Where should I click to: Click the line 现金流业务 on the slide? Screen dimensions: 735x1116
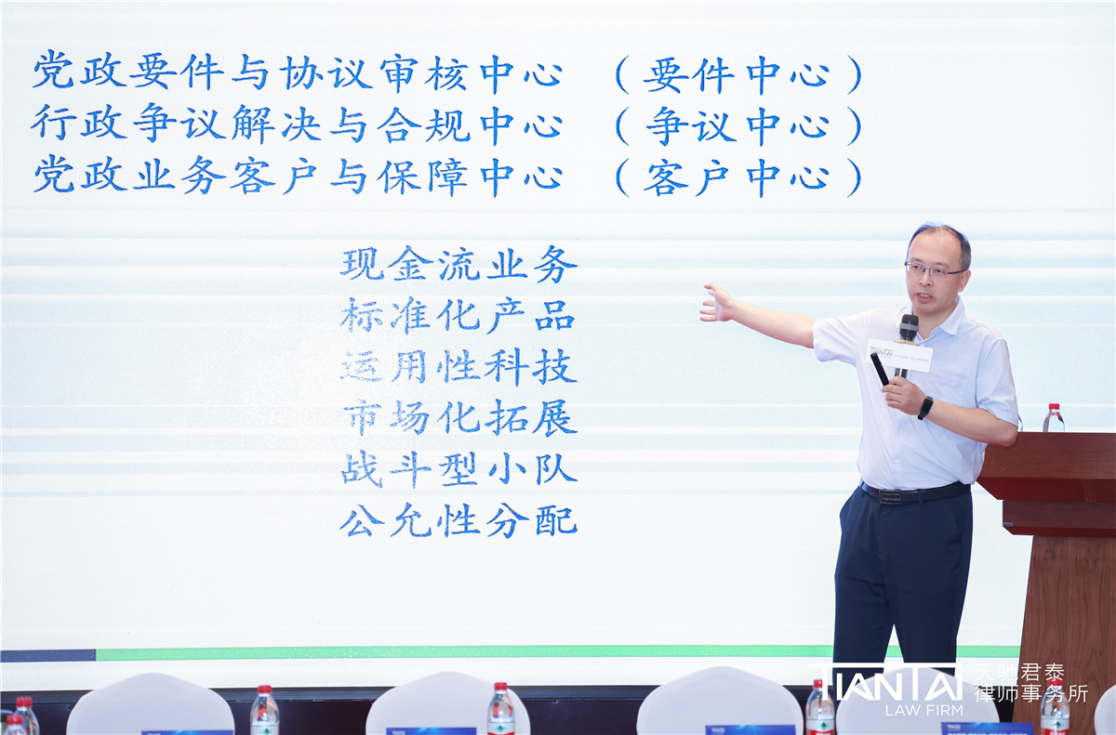(458, 265)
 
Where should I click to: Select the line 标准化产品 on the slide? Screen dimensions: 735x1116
(458, 317)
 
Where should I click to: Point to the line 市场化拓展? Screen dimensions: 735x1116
(458, 419)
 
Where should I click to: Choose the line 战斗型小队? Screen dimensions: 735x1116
(458, 470)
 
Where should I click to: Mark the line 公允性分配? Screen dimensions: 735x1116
(458, 521)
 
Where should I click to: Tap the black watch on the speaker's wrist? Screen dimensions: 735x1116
(925, 407)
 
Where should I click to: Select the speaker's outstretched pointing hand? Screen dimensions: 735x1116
(717, 304)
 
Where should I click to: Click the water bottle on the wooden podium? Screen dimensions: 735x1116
(1053, 418)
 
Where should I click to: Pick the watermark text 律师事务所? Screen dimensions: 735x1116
(1030, 693)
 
